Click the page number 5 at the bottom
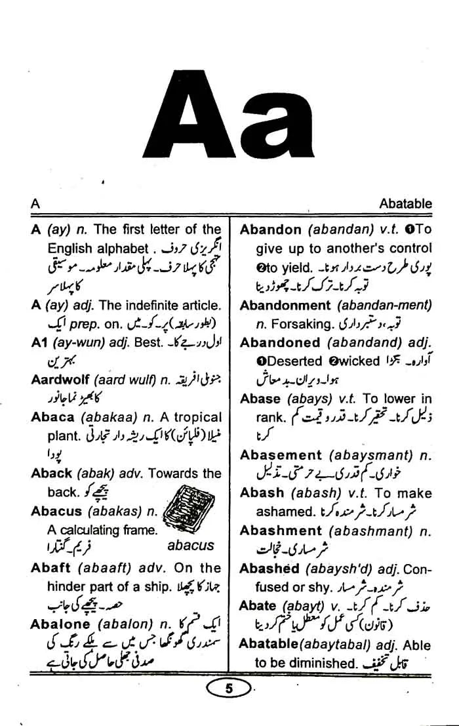pyautogui.click(x=229, y=689)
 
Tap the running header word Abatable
pyautogui.click(x=405, y=204)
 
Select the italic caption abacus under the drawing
pyautogui.click(x=190, y=546)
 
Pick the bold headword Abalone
pyautogui.click(x=61, y=624)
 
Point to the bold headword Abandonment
pyautogui.click(x=285, y=306)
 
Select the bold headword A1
pyautogui.click(x=39, y=342)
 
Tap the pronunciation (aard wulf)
pyautogui.click(x=127, y=379)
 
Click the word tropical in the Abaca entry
pyautogui.click(x=199, y=417)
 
